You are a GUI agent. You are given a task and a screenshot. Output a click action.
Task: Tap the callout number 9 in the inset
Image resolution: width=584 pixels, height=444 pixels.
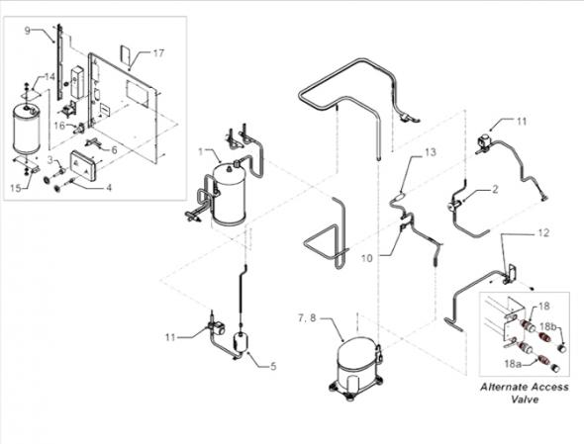[x=28, y=31]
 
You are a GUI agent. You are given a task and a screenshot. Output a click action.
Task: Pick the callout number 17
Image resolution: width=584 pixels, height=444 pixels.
[x=158, y=51]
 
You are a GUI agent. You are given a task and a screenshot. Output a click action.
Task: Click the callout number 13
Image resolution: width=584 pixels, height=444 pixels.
[x=430, y=153]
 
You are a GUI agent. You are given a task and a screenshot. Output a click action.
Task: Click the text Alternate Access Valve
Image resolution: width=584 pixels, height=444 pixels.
[x=525, y=394]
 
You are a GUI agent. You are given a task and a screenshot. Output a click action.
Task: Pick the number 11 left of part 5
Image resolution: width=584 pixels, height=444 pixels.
[x=170, y=338]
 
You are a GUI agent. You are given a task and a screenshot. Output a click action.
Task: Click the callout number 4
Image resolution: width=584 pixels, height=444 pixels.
[x=108, y=185]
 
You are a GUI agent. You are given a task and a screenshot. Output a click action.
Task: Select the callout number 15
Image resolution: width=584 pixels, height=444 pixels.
[x=17, y=186]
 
